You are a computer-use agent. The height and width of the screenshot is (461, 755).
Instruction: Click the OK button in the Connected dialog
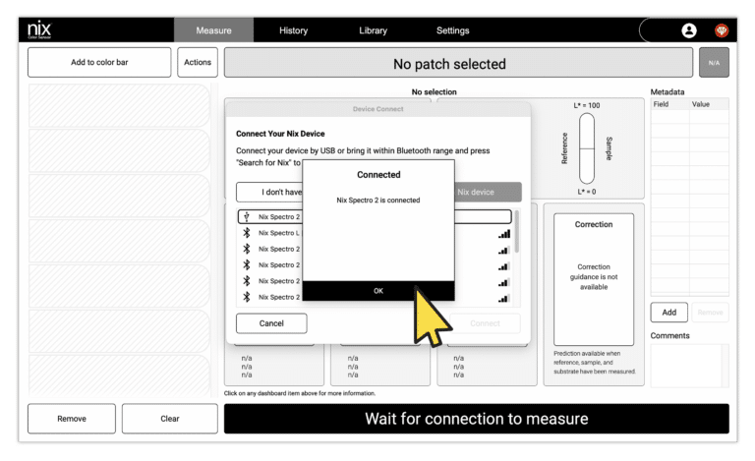[x=378, y=291]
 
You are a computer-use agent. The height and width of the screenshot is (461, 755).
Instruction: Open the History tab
[x=293, y=30]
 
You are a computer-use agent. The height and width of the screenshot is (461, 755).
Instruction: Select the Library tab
[x=373, y=30]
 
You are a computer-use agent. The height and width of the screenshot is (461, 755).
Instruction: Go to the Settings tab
[x=452, y=30]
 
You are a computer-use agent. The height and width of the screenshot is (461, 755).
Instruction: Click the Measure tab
[x=213, y=30]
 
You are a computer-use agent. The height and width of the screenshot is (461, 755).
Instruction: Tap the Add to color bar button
[x=99, y=63]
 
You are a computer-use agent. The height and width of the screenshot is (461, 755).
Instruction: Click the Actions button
[x=198, y=63]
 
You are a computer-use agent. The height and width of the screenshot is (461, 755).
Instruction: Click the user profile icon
[x=689, y=30]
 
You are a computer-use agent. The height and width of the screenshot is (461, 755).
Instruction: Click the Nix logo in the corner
[x=39, y=30]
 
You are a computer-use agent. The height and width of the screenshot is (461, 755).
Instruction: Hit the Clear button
[x=169, y=419]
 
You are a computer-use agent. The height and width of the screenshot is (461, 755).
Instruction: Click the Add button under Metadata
[x=668, y=313]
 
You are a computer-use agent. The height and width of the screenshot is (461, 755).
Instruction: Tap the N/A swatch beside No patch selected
[x=714, y=64]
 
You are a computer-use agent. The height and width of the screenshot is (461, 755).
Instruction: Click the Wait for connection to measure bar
[x=476, y=419]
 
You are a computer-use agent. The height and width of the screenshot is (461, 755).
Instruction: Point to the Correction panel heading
[x=594, y=225]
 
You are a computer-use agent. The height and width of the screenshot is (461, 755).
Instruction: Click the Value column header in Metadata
[x=701, y=103]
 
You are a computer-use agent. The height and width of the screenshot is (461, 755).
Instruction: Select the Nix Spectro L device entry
[x=279, y=233]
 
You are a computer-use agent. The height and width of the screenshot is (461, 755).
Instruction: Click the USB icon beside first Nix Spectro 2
[x=247, y=216]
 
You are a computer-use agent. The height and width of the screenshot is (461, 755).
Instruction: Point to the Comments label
[x=670, y=336]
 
